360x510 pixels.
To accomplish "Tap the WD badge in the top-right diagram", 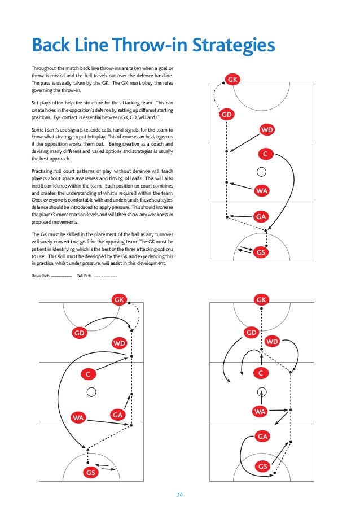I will pos(267,130).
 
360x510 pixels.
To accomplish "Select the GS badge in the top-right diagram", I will pos(260,252).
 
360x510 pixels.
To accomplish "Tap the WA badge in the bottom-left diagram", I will pos(78,418).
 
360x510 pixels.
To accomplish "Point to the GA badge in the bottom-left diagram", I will pos(117,415).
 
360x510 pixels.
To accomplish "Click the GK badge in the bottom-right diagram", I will pos(261,299).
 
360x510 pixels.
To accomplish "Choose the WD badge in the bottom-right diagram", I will pos(273,341).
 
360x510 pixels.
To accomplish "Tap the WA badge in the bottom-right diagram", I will pos(260,412).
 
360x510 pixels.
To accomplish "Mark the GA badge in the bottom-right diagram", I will pos(262,436).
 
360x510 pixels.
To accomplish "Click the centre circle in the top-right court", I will pos(260,172).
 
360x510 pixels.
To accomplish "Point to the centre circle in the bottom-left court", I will pos(91,391).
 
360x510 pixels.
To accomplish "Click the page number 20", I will pos(180,495).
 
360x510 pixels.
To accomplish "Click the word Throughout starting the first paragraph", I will pos(44,69).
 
